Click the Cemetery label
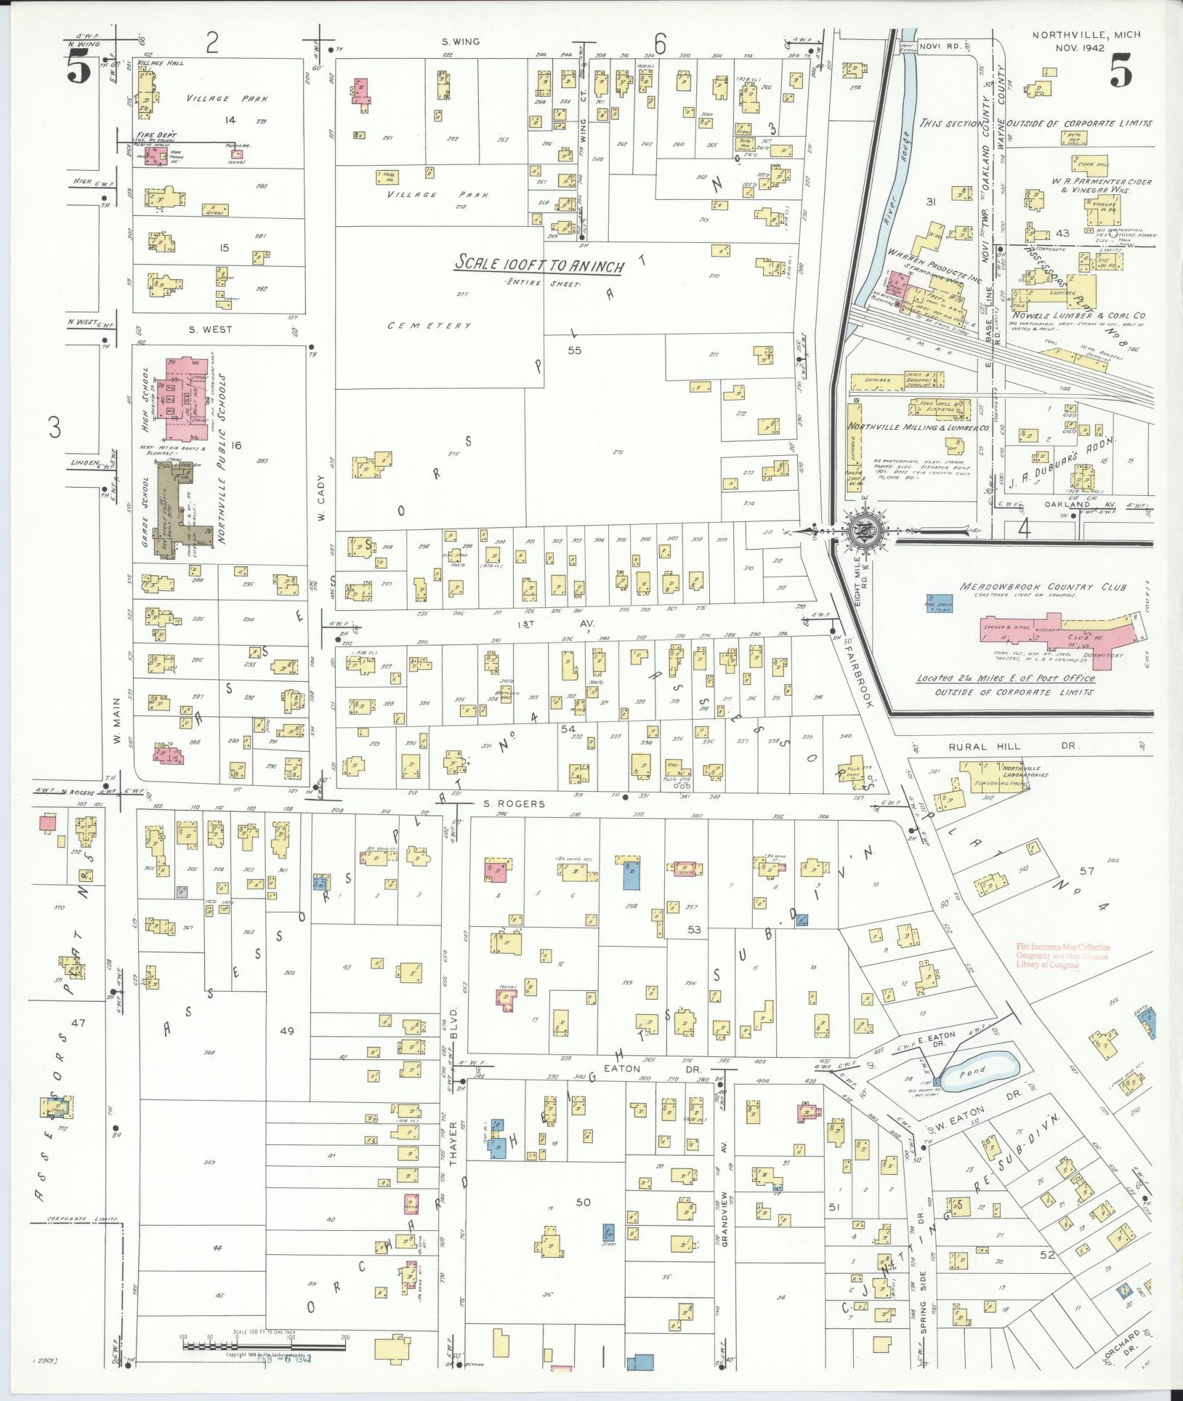point(429,326)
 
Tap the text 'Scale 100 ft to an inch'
point(538,265)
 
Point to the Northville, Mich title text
point(1086,35)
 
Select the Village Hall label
point(164,63)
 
